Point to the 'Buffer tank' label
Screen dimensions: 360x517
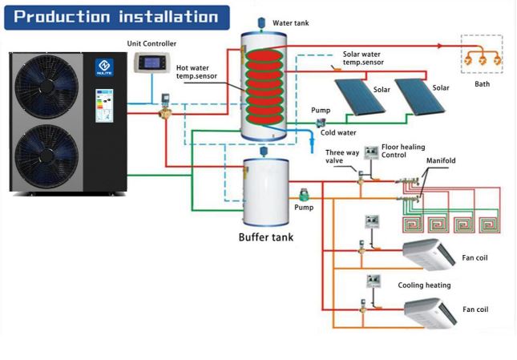(266, 237)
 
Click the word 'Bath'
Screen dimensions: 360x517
(481, 83)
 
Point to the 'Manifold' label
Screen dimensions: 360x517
(441, 161)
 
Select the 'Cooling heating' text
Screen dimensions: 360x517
(424, 285)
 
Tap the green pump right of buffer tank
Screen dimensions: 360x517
(305, 195)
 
